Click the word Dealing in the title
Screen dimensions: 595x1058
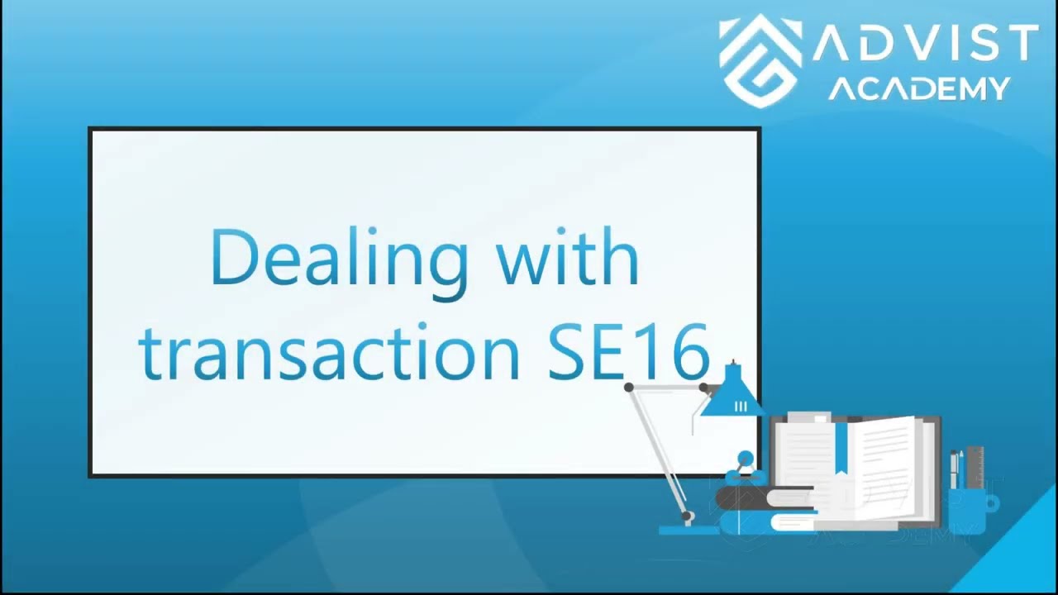[x=340, y=259]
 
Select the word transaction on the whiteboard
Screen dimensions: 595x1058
[x=330, y=352]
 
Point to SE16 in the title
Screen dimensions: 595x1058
[x=628, y=352]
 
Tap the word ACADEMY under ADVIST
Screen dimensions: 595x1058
[x=919, y=88]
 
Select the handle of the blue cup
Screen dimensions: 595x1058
[x=991, y=502]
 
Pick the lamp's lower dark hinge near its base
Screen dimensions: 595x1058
[x=688, y=516]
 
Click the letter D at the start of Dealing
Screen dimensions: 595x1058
[x=231, y=259]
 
